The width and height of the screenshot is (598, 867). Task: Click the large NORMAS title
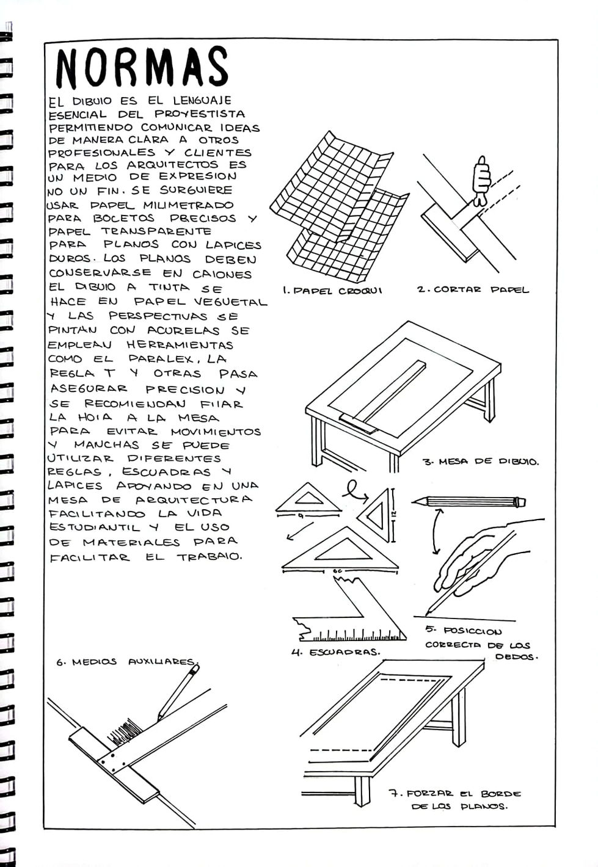142,67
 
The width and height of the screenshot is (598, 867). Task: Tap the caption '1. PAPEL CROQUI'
332,291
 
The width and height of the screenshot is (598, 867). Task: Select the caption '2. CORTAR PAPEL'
473,290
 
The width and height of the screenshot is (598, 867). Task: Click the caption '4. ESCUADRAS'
335,651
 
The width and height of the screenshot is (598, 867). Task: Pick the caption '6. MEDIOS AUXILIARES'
127,662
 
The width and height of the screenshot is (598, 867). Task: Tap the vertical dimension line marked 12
393,515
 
